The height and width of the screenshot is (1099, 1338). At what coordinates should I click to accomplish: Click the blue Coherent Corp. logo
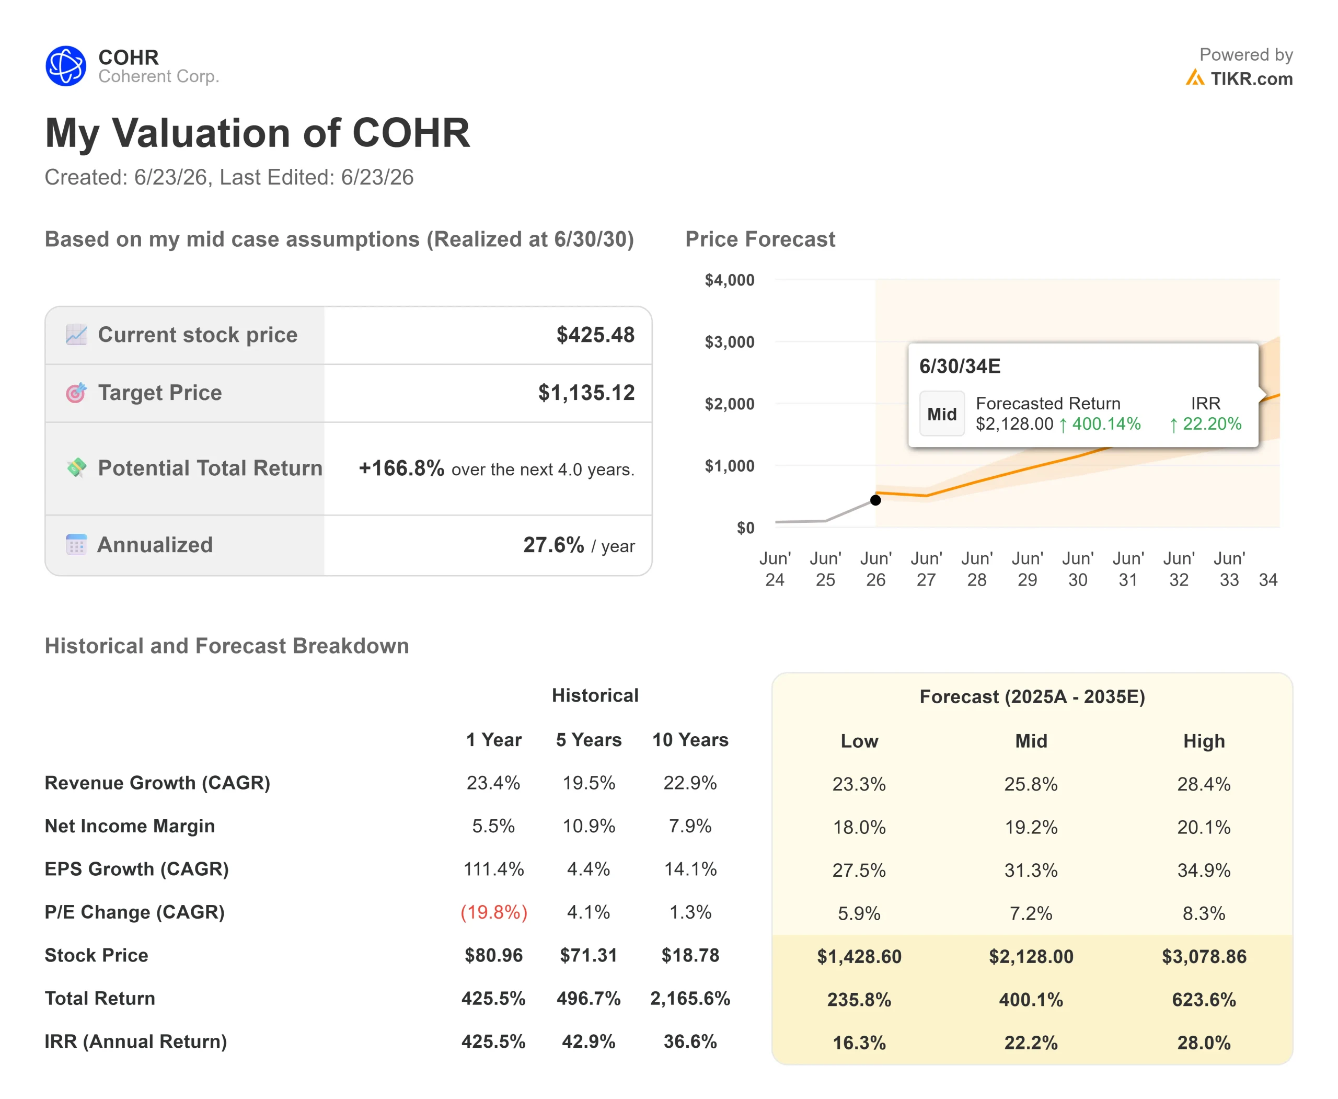pos(66,66)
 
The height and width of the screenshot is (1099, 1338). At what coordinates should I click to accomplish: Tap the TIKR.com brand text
pos(1251,78)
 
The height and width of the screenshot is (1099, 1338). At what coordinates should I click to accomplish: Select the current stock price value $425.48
pos(595,335)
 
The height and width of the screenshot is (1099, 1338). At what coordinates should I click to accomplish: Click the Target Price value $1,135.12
pos(586,393)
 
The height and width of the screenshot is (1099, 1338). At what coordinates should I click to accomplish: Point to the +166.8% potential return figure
pos(401,468)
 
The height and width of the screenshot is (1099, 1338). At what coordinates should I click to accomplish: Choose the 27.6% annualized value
pos(553,545)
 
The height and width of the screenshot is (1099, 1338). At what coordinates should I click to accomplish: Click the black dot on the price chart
pos(875,500)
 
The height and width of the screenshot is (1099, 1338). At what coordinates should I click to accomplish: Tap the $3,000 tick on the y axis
pos(729,342)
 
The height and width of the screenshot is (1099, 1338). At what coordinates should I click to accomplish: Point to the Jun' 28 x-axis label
pos(977,569)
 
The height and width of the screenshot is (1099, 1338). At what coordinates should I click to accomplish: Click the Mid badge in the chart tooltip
pos(942,414)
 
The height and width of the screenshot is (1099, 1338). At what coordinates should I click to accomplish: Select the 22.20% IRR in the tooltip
pos(1205,424)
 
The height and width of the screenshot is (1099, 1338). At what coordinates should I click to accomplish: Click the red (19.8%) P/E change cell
pos(494,912)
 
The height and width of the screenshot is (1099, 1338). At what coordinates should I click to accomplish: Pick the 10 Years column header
pos(690,740)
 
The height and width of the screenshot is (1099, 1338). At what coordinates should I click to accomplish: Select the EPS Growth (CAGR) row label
pos(137,869)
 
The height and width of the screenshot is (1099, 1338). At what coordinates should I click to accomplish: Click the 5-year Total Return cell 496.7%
pos(589,998)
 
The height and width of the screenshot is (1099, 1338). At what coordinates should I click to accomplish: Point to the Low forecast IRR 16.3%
pos(859,1043)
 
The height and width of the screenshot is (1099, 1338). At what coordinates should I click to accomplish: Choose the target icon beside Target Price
pos(76,393)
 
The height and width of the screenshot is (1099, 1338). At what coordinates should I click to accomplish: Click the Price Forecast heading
pos(760,239)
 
